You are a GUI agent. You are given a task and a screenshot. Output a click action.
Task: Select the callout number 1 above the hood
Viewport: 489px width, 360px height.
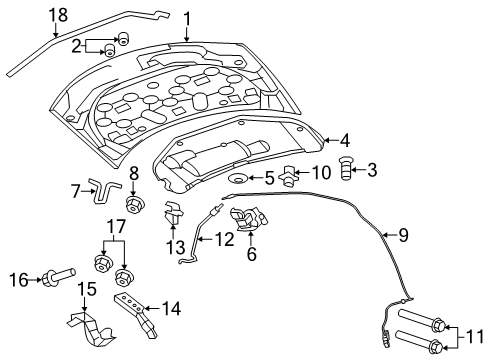coord(187,17)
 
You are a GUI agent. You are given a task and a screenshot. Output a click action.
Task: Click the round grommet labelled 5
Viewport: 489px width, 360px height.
coord(240,180)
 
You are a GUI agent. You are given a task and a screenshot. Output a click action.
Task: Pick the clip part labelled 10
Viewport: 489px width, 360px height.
coord(290,172)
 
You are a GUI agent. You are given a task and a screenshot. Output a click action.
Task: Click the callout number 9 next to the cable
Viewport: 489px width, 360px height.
coord(403,236)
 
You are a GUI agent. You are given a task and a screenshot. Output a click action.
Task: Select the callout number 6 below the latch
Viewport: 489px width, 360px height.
coord(251,255)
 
